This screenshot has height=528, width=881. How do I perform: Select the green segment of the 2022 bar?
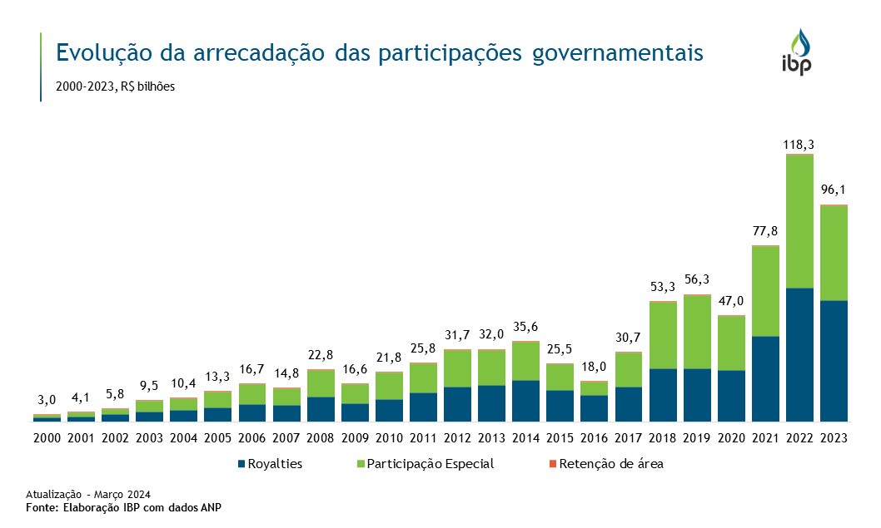pos(799,221)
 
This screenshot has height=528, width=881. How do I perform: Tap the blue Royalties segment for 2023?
pos(834,361)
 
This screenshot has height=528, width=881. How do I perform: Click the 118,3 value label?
pos(799,145)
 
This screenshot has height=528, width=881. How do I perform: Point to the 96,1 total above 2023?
pos(834,190)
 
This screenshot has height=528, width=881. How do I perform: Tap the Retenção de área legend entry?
pos(610,464)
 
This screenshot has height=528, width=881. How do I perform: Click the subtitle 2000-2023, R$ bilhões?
pos(116,86)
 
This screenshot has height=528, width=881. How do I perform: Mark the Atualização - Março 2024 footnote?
pos(88,493)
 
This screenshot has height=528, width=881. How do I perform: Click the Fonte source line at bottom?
pos(124,506)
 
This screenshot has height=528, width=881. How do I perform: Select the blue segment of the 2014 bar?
pos(526,401)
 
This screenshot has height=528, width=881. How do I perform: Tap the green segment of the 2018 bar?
pos(663,335)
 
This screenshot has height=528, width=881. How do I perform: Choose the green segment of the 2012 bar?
pos(458,368)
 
